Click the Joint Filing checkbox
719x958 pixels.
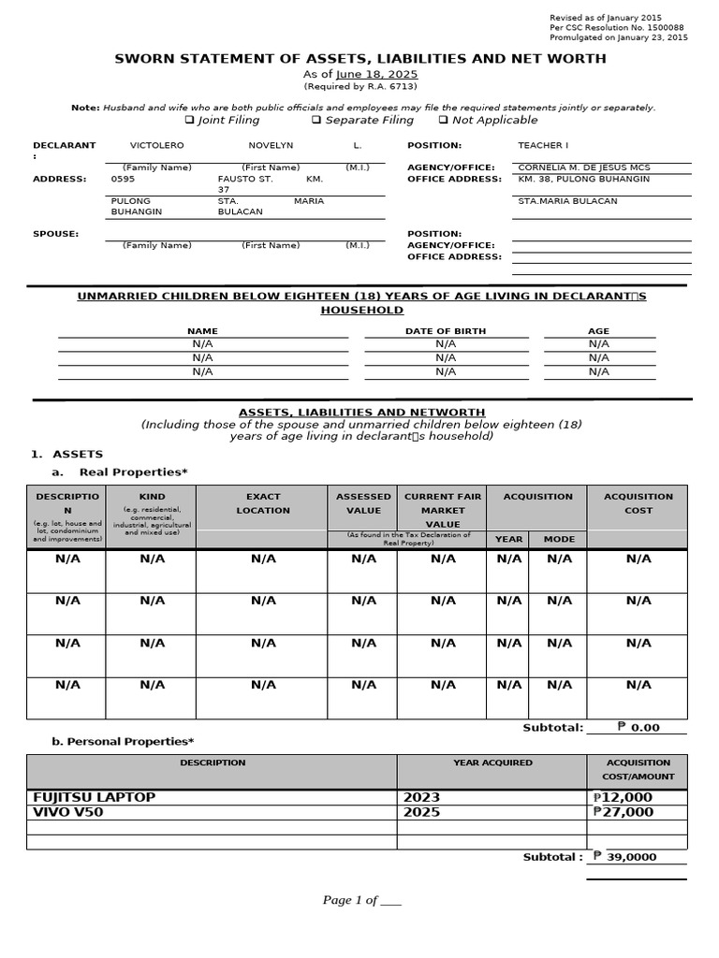[x=189, y=121]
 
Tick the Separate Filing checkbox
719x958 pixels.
[x=316, y=121]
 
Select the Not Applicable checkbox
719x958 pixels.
[x=443, y=121]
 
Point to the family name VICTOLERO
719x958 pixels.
[x=156, y=146]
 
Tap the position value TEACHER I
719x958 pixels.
[x=543, y=146]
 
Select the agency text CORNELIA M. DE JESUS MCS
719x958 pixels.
[x=583, y=167]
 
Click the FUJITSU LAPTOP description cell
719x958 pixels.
[x=95, y=797]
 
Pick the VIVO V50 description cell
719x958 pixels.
[x=68, y=812]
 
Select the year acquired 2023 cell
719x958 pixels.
[x=421, y=797]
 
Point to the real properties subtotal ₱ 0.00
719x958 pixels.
[x=638, y=727]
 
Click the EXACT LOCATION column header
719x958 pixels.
[x=263, y=503]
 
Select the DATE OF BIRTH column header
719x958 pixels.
[x=445, y=331]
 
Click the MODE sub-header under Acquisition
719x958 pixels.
[x=559, y=539]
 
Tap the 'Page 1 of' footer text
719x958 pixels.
[x=361, y=900]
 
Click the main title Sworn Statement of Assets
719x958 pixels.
[x=359, y=58]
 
